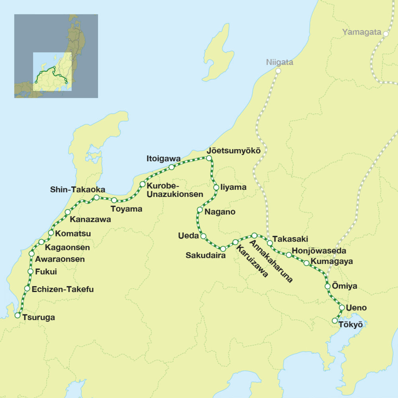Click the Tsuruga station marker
pyautogui.click(x=18, y=315)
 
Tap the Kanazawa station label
pyautogui.click(x=90, y=219)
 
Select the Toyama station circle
pyautogui.click(x=114, y=200)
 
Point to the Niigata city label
pyautogui.click(x=280, y=62)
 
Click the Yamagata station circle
pyautogui.click(x=386, y=34)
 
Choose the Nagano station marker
pyautogui.click(x=200, y=210)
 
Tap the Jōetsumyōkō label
pyautogui.click(x=234, y=151)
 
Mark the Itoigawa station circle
pyautogui.click(x=172, y=167)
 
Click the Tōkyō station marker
pyautogui.click(x=335, y=320)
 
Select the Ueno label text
pyautogui.click(x=357, y=308)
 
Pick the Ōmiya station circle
pyautogui.click(x=328, y=286)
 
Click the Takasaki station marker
pyautogui.click(x=269, y=242)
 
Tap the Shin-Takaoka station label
pyautogui.click(x=78, y=189)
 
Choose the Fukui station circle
pyautogui.click(x=30, y=271)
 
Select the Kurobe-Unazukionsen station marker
pyautogui.click(x=142, y=184)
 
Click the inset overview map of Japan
pyautogui.click(x=56, y=56)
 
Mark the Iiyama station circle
pyautogui.click(x=216, y=187)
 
